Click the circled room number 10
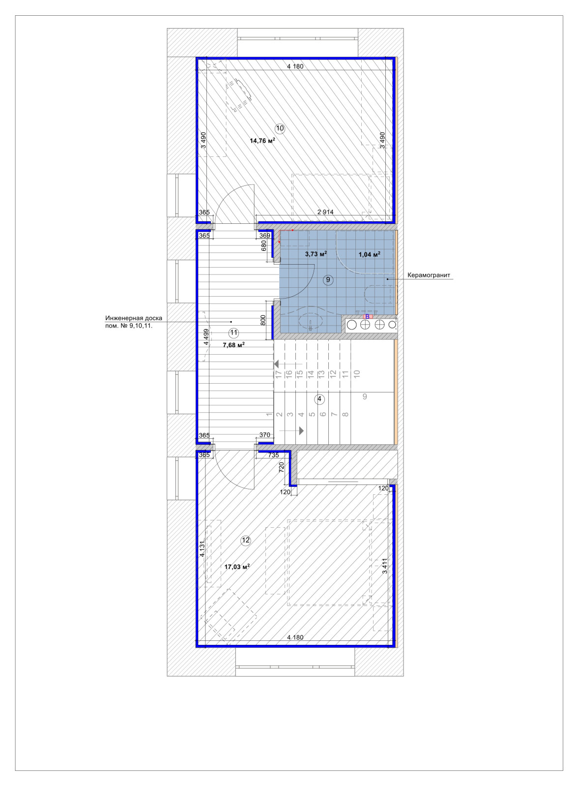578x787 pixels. pyautogui.click(x=280, y=128)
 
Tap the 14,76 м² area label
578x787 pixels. pyautogui.click(x=262, y=141)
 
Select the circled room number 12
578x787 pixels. pyautogui.click(x=245, y=541)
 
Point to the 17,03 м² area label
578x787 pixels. pyautogui.click(x=237, y=567)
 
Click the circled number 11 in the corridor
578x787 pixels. pyautogui.click(x=233, y=333)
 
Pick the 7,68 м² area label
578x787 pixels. pyautogui.click(x=233, y=345)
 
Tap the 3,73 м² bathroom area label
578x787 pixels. pyautogui.click(x=316, y=254)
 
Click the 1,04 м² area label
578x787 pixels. pyautogui.click(x=370, y=254)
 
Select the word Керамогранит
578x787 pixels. pyautogui.click(x=429, y=275)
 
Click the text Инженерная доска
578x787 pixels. pyautogui.click(x=134, y=318)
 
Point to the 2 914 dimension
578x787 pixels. pyautogui.click(x=325, y=212)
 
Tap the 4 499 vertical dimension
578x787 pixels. pyautogui.click(x=206, y=337)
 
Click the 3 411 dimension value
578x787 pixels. pyautogui.click(x=385, y=566)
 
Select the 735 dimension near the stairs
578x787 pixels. pyautogui.click(x=273, y=455)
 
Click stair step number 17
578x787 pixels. pyautogui.click(x=279, y=374)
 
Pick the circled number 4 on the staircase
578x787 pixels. pyautogui.click(x=319, y=399)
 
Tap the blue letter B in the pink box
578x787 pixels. pyautogui.click(x=367, y=317)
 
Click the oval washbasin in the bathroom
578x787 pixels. pyautogui.click(x=311, y=320)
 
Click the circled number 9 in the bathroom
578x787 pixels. pyautogui.click(x=328, y=280)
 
